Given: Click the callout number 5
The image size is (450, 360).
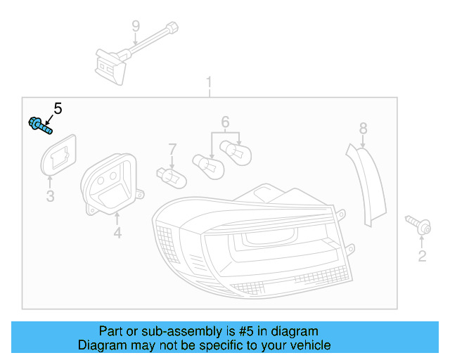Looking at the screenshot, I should click(58, 108).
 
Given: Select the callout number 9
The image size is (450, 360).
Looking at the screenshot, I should click(136, 27).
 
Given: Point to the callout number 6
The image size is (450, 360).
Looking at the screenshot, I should click(225, 122).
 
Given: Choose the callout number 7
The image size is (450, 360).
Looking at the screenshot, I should click(172, 149).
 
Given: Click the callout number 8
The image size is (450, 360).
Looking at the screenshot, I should click(363, 128).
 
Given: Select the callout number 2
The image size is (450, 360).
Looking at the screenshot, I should click(422, 256).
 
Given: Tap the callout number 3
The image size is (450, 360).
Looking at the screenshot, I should click(50, 196).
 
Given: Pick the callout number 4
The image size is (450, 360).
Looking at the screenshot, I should click(117, 232).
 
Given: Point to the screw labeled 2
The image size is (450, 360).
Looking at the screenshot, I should click(420, 225).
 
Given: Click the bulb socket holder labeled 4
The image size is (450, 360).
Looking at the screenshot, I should click(112, 182).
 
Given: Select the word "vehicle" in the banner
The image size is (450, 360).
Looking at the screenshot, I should click(307, 345).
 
